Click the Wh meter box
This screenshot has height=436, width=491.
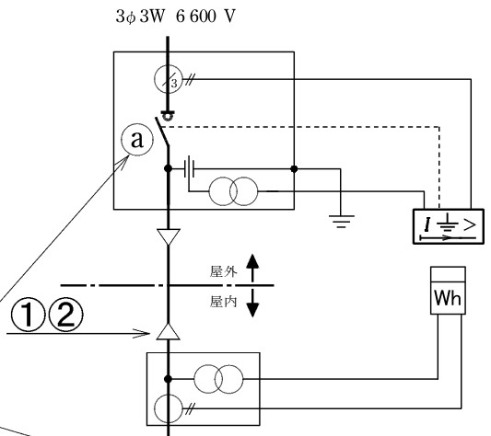coord(448,291)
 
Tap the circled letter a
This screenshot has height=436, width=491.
coord(137,140)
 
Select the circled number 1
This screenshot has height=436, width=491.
coord(29,314)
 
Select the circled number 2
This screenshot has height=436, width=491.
coord(66,314)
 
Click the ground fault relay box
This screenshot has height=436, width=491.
coord(449,226)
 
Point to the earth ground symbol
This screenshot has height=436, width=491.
coord(342,222)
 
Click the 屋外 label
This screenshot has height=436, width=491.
coord(223,271)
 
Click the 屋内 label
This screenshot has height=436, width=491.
coord(223,302)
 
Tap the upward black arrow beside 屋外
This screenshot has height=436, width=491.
coord(252,269)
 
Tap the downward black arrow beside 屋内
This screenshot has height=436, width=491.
coord(252,303)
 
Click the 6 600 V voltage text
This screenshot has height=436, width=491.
coord(205,17)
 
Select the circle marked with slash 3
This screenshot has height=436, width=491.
coord(169,79)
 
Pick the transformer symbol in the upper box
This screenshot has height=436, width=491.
coord(233,191)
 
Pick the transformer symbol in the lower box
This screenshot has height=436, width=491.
coord(218,379)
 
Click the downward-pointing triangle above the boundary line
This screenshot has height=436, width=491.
coord(169,236)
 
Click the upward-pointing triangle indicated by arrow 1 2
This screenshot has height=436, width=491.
coord(169,332)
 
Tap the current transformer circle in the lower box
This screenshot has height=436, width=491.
coord(169,408)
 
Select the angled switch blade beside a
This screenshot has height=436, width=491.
coord(162,132)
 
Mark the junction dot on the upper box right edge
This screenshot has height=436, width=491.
coord(294,169)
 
